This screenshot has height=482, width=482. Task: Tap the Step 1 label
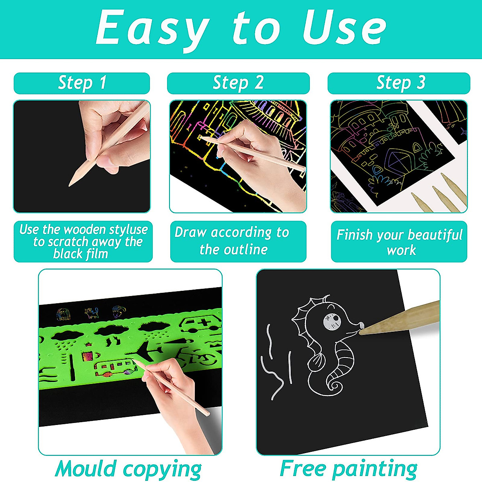point(82,83)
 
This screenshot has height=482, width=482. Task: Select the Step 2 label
point(238,83)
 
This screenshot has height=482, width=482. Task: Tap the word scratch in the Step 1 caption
point(68,242)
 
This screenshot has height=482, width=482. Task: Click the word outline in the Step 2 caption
point(245,249)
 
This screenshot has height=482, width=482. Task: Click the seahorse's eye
point(332,322)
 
